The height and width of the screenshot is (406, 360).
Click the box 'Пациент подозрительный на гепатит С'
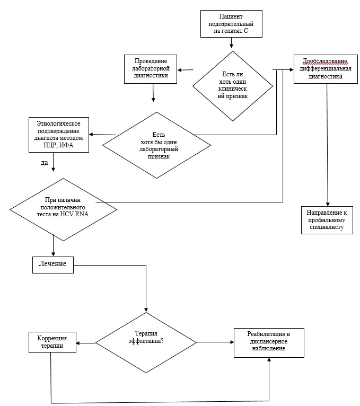click(231, 24)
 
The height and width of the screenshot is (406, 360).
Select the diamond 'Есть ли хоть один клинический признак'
click(233, 86)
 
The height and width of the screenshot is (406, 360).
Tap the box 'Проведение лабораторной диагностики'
click(151, 69)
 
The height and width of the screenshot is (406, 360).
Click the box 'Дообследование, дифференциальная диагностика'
click(326, 69)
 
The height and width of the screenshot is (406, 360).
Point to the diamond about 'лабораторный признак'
click(157, 145)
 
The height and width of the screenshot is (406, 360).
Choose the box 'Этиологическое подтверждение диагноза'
click(59, 135)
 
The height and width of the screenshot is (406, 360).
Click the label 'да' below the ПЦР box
click(45, 163)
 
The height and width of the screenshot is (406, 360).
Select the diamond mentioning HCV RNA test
click(63, 209)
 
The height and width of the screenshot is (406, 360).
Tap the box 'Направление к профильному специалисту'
click(327, 220)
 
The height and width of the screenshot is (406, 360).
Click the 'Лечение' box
click(53, 264)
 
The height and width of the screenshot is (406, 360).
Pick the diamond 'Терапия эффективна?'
click(146, 342)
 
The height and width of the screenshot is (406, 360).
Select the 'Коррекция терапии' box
click(52, 342)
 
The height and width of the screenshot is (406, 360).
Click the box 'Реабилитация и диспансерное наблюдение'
click(269, 343)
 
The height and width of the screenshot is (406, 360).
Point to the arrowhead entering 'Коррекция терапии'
click(78, 343)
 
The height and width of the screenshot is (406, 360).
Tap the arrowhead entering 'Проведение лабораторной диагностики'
click(179, 70)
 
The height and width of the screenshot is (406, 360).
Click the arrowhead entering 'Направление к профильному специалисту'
click(328, 204)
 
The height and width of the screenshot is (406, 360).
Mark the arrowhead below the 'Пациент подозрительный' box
click(232, 46)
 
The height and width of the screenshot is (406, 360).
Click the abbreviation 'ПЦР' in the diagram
click(50, 145)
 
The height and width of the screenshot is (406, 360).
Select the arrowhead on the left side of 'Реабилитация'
click(232, 342)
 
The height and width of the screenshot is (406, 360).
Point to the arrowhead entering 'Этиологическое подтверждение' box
click(91, 135)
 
